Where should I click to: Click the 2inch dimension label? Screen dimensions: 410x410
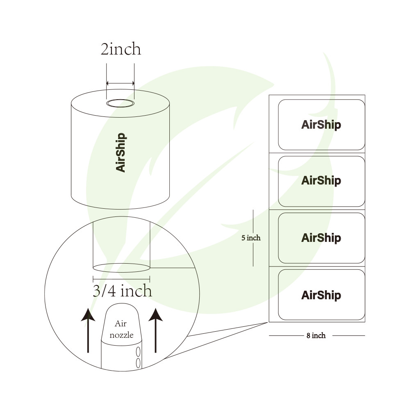point(121,49)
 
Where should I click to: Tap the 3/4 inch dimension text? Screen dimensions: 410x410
point(122,291)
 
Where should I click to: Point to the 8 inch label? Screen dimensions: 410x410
point(316,336)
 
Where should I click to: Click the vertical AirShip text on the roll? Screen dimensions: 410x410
point(121,152)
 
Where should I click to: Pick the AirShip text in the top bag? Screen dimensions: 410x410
point(321,125)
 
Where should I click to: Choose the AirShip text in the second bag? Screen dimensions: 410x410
point(321,180)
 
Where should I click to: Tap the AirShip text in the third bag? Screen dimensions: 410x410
point(321,238)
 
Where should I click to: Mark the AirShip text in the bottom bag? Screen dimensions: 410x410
point(321,295)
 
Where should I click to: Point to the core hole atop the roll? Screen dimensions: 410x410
point(121,103)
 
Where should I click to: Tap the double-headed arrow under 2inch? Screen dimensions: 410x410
point(121,83)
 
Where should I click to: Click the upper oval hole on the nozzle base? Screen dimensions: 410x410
point(138,351)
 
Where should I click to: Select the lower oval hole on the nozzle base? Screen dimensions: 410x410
point(138,362)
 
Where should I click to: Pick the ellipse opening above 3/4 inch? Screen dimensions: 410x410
point(121,268)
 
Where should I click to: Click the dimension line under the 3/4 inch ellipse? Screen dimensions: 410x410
point(121,279)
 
